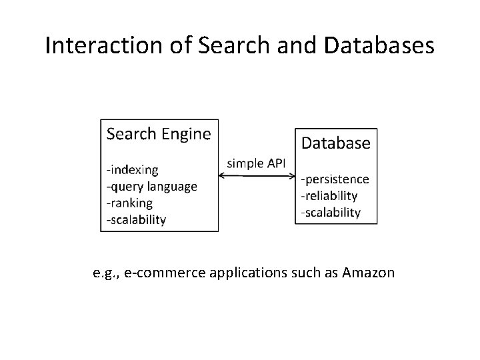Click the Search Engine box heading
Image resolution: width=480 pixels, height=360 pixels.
coord(159,134)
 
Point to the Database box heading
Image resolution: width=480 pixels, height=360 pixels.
coord(336,143)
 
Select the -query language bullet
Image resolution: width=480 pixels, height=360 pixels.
coord(152,186)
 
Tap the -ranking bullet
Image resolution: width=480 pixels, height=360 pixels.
coord(130,202)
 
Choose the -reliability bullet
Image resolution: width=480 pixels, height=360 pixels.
coord(329,195)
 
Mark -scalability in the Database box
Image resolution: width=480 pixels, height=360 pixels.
coord(331,212)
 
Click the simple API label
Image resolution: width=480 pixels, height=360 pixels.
coord(257,163)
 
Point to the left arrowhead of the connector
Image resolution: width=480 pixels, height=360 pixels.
coord(222,177)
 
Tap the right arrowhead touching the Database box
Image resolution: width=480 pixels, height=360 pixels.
coord(292,177)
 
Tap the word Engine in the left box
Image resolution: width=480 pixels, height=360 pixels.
coord(186,134)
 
